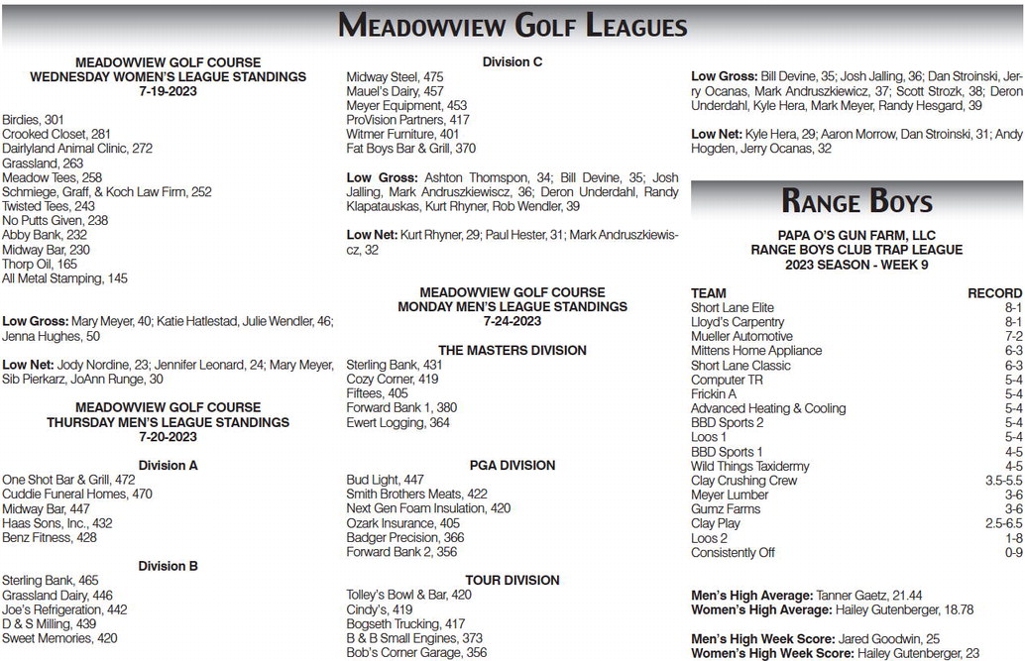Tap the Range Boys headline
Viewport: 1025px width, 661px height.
[856, 202]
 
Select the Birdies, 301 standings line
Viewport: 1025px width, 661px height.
[34, 120]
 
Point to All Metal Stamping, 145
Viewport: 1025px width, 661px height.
[64, 278]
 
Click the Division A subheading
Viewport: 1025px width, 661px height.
[168, 464]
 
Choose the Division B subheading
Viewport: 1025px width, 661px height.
[168, 565]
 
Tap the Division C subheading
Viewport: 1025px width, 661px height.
[512, 61]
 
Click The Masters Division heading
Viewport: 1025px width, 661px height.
[512, 350]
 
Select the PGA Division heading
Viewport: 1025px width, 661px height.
[512, 465]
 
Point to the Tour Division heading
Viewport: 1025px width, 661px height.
[512, 580]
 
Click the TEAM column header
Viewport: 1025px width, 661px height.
[708, 293]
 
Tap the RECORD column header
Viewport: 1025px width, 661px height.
[993, 293]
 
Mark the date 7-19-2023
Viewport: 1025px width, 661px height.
[168, 91]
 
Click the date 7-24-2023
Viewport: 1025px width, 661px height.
[512, 321]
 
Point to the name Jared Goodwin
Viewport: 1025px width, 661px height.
[886, 639]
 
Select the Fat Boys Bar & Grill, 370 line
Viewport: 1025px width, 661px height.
[411, 148]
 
